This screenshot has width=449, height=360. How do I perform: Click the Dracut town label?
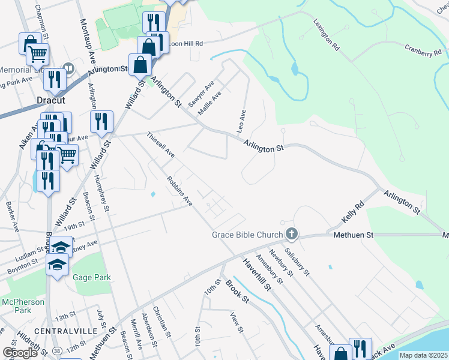click(x=50, y=101)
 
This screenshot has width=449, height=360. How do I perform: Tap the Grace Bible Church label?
click(x=247, y=235)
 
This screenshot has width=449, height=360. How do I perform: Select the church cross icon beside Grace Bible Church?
click(x=291, y=233)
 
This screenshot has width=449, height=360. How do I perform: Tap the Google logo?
click(x=20, y=353)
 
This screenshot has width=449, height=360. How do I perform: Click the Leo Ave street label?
click(x=243, y=121)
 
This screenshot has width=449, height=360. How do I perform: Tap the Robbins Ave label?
click(x=180, y=191)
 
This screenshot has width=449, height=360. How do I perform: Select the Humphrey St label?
click(x=102, y=194)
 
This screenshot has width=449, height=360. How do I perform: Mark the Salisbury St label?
click(x=297, y=262)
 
